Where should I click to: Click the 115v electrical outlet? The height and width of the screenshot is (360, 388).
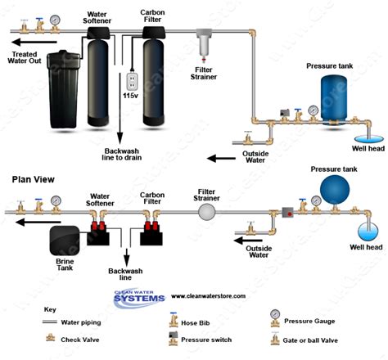pyautogui.click(x=132, y=82)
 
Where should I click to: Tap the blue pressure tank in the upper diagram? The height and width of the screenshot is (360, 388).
pyautogui.click(x=333, y=100)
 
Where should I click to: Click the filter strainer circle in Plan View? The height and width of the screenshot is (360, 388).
pyautogui.click(x=206, y=212)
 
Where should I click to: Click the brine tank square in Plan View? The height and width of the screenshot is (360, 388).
pyautogui.click(x=65, y=241)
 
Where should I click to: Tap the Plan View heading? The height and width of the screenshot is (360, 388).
pyautogui.click(x=33, y=179)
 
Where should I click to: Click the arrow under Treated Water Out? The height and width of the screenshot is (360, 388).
pyautogui.click(x=34, y=42)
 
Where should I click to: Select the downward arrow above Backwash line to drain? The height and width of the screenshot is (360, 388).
pyautogui.click(x=120, y=108)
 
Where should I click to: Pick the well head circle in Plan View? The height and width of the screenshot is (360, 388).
pyautogui.click(x=368, y=232)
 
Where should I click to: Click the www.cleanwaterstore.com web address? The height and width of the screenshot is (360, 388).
pyautogui.click(x=208, y=296)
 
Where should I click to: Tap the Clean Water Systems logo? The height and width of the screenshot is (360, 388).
pyautogui.click(x=139, y=298)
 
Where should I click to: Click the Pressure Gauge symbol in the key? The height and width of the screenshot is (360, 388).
pyautogui.click(x=275, y=318)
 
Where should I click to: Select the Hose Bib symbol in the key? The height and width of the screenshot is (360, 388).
pyautogui.click(x=174, y=320)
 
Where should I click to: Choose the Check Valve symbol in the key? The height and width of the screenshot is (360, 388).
pyautogui.click(x=50, y=338)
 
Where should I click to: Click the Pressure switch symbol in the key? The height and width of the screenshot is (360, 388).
pyautogui.click(x=174, y=339)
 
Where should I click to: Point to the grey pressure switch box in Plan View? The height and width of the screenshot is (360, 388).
pyautogui.click(x=287, y=213)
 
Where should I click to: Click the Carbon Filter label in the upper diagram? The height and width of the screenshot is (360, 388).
pyautogui.click(x=152, y=16)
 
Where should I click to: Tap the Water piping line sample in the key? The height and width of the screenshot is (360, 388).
pyautogui.click(x=50, y=322)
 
